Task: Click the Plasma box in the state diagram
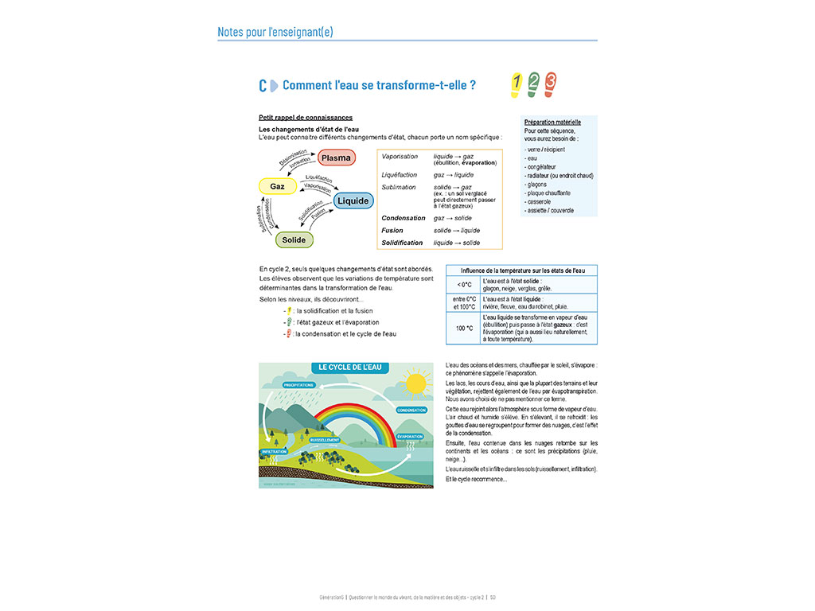pos(336,158)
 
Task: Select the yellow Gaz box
pos(277,186)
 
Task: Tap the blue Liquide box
pos(353,200)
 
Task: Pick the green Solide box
pos(294,239)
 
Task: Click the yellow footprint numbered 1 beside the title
pos(516,83)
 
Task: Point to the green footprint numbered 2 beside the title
pos(533,83)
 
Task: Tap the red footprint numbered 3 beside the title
pos(550,83)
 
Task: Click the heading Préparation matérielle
pos(553,123)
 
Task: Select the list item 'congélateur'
pos(540,167)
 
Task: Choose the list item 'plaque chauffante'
pos(548,193)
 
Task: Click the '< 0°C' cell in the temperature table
pos(465,285)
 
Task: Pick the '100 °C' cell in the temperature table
pos(465,328)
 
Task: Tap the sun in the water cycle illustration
pos(414,384)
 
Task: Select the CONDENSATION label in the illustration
pos(411,411)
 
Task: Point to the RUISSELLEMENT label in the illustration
pos(326,439)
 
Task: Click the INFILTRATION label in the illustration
pos(274,452)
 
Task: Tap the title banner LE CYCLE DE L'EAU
pos(350,368)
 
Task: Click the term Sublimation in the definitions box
pos(399,188)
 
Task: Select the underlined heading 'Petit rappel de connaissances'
pos(306,118)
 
